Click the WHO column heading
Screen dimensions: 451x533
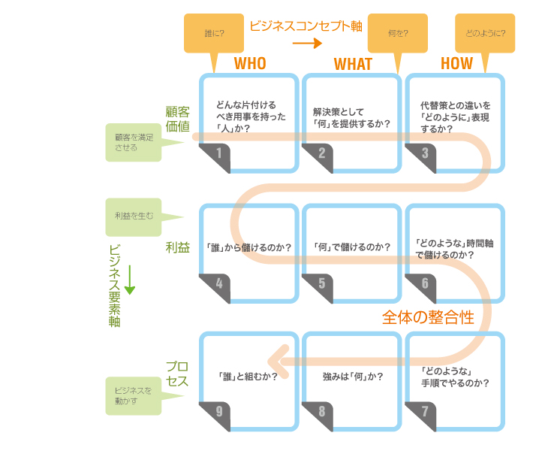pos(250,64)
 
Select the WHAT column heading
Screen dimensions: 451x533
pos(353,65)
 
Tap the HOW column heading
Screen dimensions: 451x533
pos(456,64)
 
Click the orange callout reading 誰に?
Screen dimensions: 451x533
pos(214,33)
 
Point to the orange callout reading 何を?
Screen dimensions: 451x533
pos(398,33)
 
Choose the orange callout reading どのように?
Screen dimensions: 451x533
pos(485,33)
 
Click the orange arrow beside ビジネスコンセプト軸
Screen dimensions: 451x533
pos(307,43)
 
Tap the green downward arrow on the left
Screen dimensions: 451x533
pos(130,279)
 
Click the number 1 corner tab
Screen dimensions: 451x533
pos(216,155)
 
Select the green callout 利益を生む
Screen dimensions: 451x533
pos(135,216)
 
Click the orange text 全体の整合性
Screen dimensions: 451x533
pos(428,317)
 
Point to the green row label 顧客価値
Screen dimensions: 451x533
pos(178,119)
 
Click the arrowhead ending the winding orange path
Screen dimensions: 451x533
pos(278,353)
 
